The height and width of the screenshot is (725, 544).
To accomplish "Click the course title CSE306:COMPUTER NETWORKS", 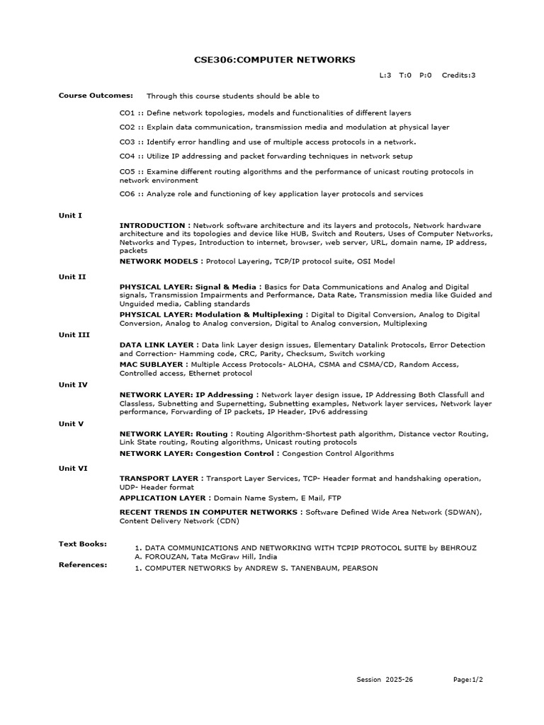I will pyautogui.click(x=274, y=60).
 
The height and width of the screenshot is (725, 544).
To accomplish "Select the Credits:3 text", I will pyautogui.click(x=458, y=75).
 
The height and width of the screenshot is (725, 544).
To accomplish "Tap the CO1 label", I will pyautogui.click(x=127, y=113).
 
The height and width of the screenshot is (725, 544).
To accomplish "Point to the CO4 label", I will pyautogui.click(x=127, y=156).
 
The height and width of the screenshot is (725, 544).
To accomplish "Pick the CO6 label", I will pyautogui.click(x=127, y=193).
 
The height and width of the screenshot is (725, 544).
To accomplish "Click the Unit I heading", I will pyautogui.click(x=70, y=215).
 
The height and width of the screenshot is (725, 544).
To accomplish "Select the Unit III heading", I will pyautogui.click(x=74, y=335).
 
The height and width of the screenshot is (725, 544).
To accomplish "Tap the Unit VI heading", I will pyautogui.click(x=72, y=468).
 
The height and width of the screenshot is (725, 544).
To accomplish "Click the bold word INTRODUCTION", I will pyautogui.click(x=153, y=225).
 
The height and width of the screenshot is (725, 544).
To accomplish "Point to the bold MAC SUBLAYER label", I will pyautogui.click(x=153, y=364).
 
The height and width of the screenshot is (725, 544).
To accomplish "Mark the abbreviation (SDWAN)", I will pyautogui.click(x=463, y=511).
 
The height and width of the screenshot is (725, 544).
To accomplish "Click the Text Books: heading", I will pyautogui.click(x=83, y=544).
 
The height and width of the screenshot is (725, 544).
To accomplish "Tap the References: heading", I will pyautogui.click(x=83, y=564).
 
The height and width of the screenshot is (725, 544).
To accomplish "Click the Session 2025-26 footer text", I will pyautogui.click(x=385, y=679).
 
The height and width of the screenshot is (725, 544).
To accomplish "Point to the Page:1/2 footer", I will pyautogui.click(x=468, y=679).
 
